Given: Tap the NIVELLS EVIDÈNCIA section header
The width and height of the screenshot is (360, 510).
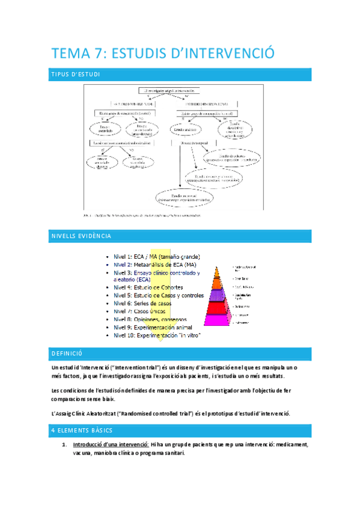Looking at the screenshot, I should [81, 236].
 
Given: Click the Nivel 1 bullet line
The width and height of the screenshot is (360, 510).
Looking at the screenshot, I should [157, 257].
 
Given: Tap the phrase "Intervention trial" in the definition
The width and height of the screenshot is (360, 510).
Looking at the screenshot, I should [130, 367].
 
